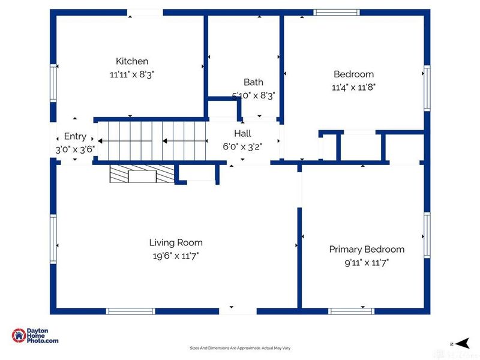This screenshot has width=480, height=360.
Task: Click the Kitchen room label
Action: pos(131,61)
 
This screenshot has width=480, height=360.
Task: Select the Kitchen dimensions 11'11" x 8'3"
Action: pos(131,74)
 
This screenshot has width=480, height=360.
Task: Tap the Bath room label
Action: pos(253,82)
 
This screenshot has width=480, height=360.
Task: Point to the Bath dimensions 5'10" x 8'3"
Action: pos(253,95)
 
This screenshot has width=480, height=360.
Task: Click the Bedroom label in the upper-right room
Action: pos(353,74)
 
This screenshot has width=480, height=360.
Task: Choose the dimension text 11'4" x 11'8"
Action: pos(353,88)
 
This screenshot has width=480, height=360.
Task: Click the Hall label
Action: pos(242,133)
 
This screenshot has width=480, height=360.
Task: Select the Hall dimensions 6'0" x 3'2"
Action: pos(242,146)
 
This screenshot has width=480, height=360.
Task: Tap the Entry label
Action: pos(75,136)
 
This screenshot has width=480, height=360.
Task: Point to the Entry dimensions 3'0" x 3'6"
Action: pos(75,149)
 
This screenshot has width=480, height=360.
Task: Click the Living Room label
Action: pos(176,242)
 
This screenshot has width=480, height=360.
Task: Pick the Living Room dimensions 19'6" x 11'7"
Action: pos(176,256)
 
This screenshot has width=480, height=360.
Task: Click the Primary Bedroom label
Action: pos(367,249)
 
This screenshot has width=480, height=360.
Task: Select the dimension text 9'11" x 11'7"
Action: pos(367,262)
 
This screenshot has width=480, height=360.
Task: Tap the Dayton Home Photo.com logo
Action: pos(35,336)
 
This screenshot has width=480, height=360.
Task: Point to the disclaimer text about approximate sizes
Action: pos(240,348)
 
